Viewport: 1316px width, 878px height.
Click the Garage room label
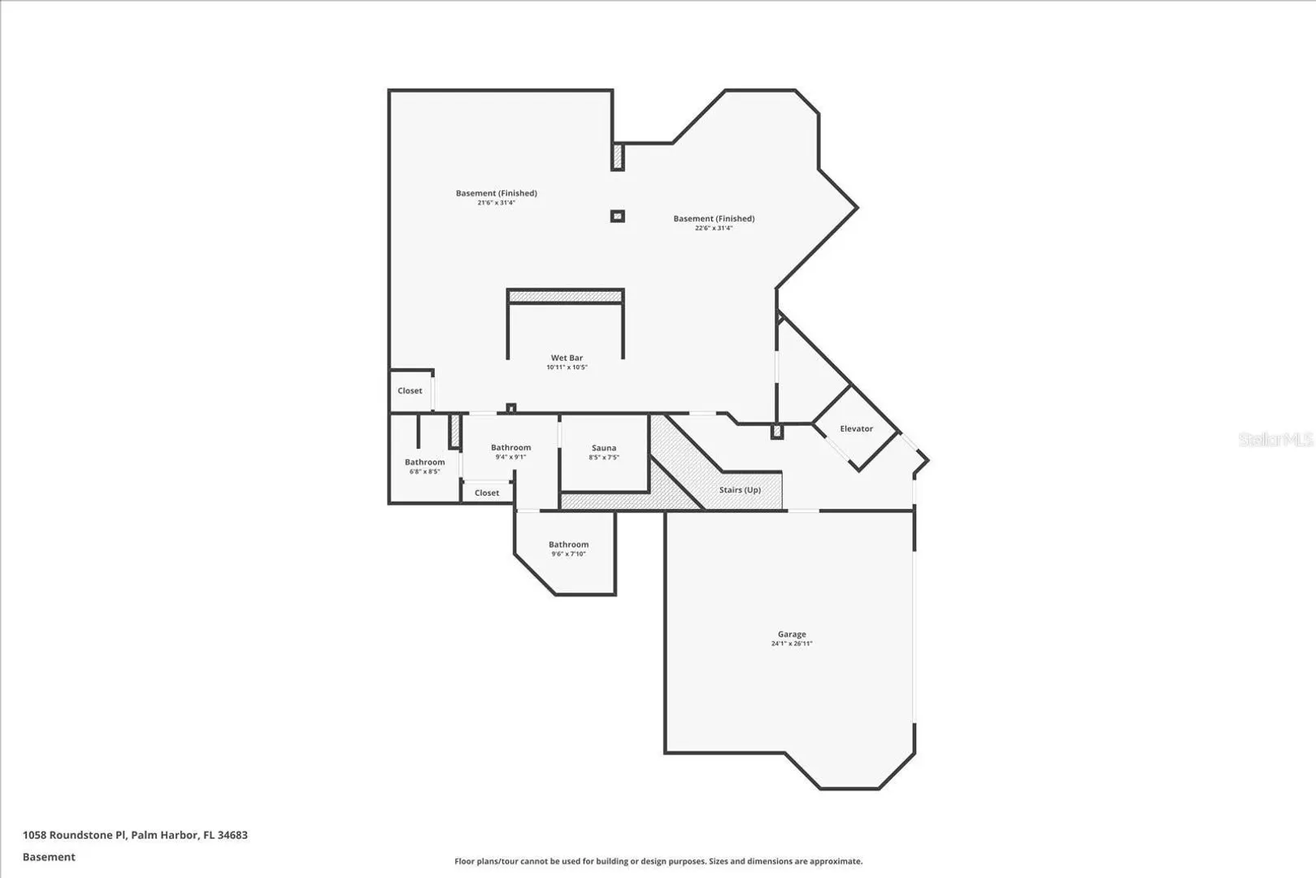(x=792, y=634)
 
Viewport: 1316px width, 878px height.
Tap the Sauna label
(x=604, y=448)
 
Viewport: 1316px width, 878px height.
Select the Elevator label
(x=856, y=428)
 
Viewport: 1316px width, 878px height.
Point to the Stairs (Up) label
(x=740, y=489)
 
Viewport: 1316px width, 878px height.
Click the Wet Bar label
(x=567, y=358)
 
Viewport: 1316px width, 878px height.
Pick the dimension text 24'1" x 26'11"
(x=792, y=644)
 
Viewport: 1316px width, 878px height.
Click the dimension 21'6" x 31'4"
(x=496, y=202)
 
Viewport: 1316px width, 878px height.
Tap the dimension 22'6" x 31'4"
(x=714, y=228)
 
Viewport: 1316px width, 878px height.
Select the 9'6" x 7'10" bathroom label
(x=569, y=550)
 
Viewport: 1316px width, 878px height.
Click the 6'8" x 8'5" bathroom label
(x=425, y=467)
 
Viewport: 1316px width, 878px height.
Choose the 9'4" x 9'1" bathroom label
(x=510, y=452)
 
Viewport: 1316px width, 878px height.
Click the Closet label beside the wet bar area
(x=410, y=391)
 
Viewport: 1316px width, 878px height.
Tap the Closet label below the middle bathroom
(x=486, y=493)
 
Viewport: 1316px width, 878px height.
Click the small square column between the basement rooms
(x=617, y=216)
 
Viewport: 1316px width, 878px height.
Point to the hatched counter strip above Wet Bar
(x=565, y=296)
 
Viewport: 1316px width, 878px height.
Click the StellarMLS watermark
(x=1275, y=439)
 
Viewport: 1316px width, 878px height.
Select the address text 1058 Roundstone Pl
(x=74, y=835)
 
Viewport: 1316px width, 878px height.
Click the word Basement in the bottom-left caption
(x=49, y=857)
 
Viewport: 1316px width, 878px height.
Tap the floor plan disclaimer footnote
(x=658, y=862)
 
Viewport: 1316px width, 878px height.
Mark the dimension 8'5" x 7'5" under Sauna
(x=604, y=457)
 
